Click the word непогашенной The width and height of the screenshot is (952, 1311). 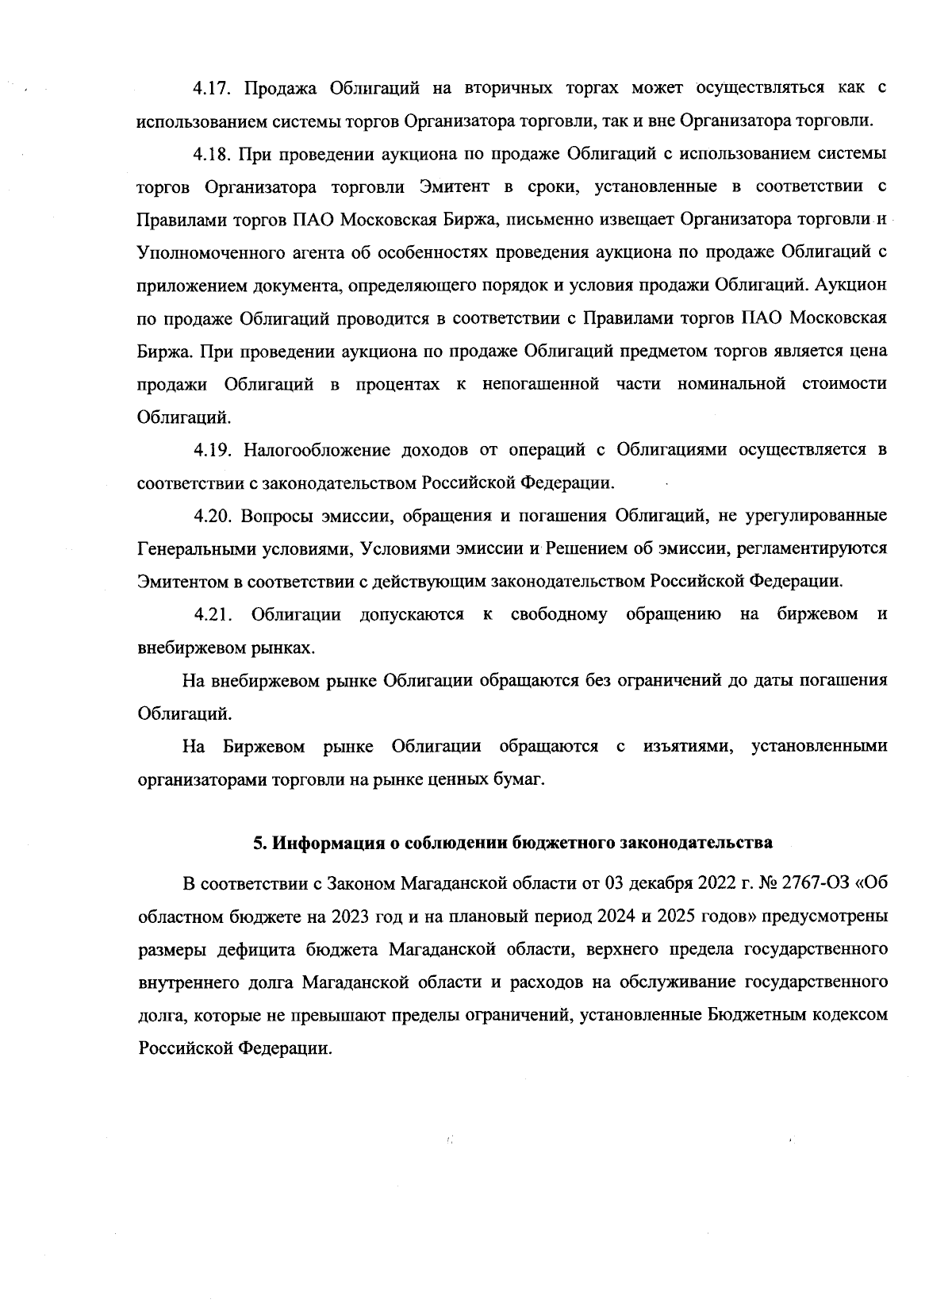pyautogui.click(x=540, y=384)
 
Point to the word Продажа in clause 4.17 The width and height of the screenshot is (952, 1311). pyautogui.click(x=278, y=88)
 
